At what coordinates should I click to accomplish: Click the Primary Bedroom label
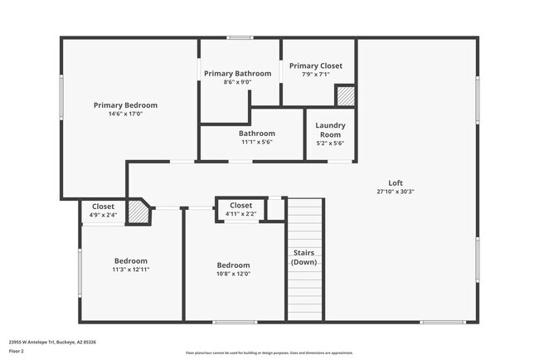pyautogui.click(x=125, y=105)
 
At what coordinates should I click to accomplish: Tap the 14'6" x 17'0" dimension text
pyautogui.click(x=125, y=114)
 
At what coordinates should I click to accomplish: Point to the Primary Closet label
pyautogui.click(x=315, y=66)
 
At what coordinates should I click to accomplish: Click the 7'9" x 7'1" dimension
pyautogui.click(x=315, y=75)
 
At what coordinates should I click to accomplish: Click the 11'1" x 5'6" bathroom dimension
pyautogui.click(x=257, y=142)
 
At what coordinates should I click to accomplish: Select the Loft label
pyautogui.click(x=396, y=182)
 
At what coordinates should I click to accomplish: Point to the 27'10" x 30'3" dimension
pyautogui.click(x=396, y=192)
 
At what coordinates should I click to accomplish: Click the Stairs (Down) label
pyautogui.click(x=303, y=257)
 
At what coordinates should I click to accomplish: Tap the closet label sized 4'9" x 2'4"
pyautogui.click(x=103, y=207)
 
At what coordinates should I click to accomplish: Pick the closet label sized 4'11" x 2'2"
pyautogui.click(x=240, y=205)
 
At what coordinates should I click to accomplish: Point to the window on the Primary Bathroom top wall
pyautogui.click(x=240, y=37)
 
